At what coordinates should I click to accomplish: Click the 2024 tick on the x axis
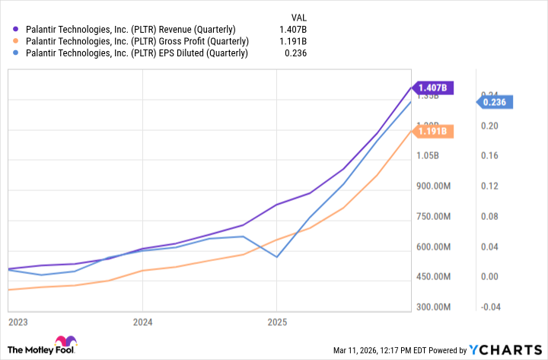142,322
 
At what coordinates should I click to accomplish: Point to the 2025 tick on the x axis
276,322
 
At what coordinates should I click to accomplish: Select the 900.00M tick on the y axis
432,186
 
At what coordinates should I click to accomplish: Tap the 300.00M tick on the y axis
432,307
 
